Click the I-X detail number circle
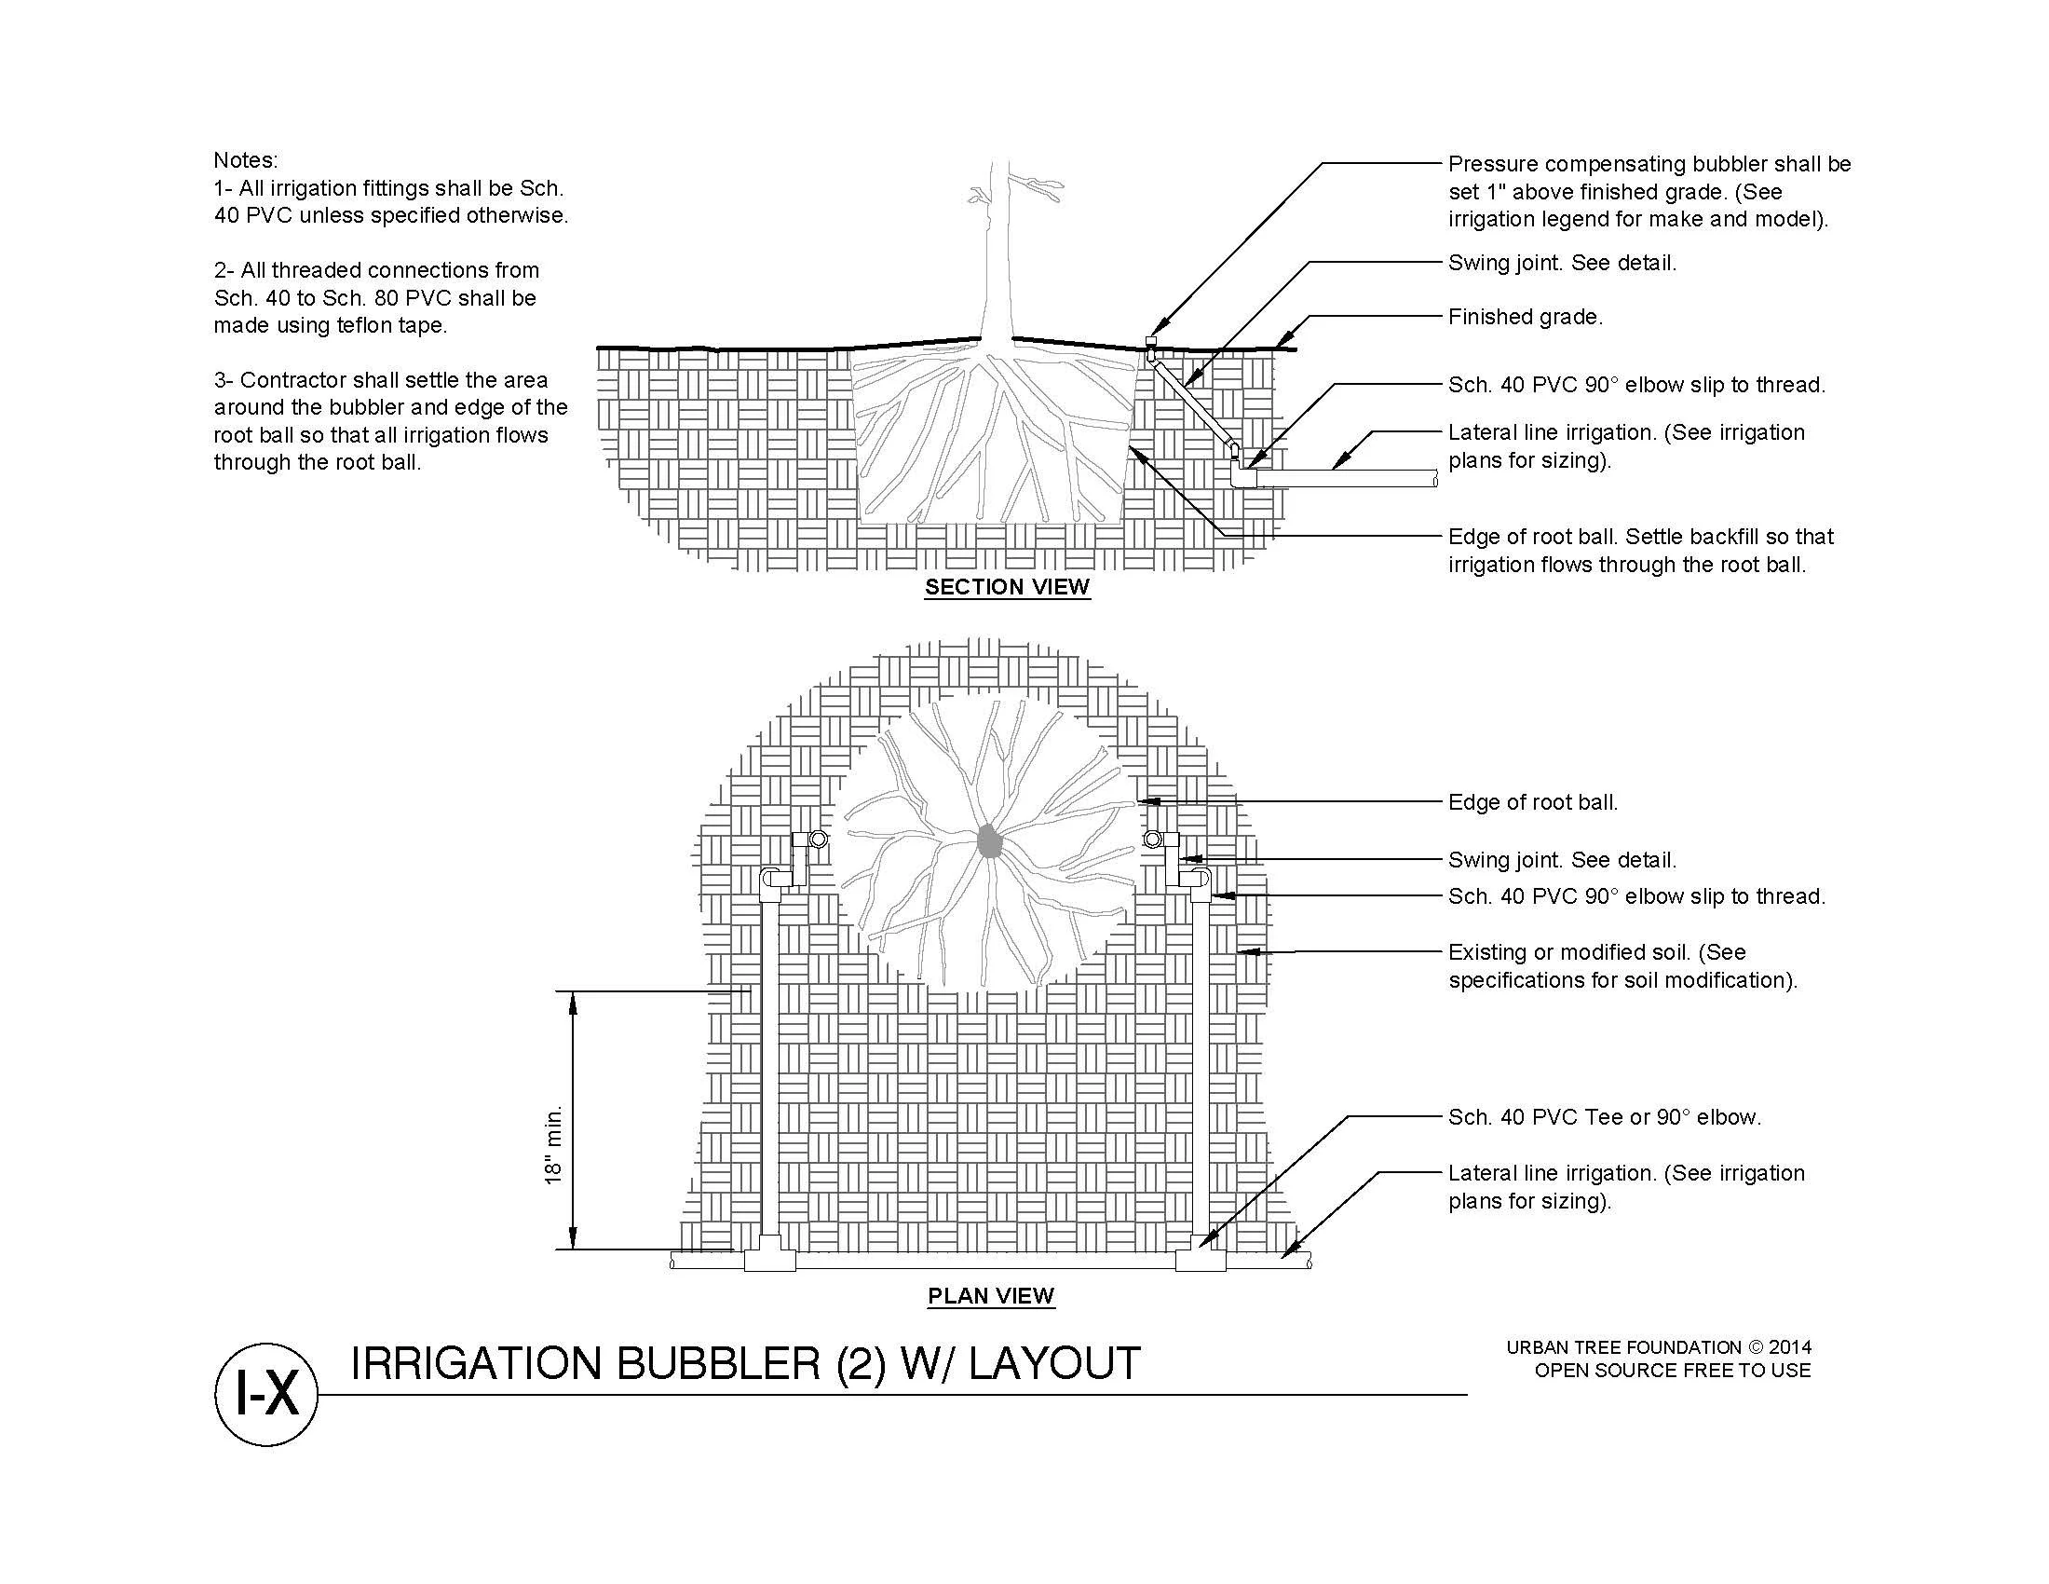tap(266, 1395)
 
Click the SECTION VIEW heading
tap(1007, 587)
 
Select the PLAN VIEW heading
tap(991, 1296)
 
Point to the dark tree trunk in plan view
tap(988, 841)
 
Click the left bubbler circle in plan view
tap(819, 839)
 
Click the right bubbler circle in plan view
tap(1152, 839)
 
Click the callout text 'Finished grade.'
tap(1525, 317)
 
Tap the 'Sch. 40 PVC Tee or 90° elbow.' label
tap(1605, 1117)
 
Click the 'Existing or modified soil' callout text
tap(1622, 966)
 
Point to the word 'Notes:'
tap(246, 160)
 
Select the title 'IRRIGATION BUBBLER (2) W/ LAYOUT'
tap(745, 1363)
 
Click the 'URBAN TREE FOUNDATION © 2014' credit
tap(1659, 1347)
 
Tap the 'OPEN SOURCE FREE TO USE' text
tap(1672, 1371)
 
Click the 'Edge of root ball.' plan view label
tap(1533, 802)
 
